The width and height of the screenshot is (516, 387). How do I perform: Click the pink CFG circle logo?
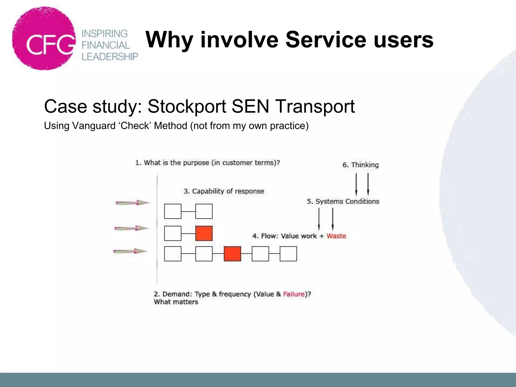coord(44,39)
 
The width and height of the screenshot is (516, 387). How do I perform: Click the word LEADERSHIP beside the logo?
coord(110,57)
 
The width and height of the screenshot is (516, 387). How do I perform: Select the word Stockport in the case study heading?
coord(187,106)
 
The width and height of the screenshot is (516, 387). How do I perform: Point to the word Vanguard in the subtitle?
coord(94,126)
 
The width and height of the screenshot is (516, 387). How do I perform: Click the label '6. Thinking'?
coord(361,165)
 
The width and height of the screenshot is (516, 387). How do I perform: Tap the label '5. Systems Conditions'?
coord(343,201)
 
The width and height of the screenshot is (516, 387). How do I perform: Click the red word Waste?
coord(336,236)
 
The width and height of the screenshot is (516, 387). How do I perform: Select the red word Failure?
coord(294,294)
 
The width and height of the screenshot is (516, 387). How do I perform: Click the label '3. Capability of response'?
coord(224,191)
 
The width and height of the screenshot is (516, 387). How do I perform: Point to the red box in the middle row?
coord(204,233)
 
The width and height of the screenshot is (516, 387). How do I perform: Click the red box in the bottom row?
coord(232,254)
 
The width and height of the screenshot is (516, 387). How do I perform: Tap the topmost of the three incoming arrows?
coord(133,203)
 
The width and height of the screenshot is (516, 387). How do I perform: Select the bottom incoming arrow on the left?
coord(130,251)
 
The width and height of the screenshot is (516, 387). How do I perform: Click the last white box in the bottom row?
coord(288,254)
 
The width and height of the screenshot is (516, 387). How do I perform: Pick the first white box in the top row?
coord(173,211)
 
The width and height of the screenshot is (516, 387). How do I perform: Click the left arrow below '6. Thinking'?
coord(356,184)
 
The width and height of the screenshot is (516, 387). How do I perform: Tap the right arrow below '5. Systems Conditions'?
coord(333,219)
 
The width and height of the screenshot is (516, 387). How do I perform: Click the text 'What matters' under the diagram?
coord(176,302)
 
